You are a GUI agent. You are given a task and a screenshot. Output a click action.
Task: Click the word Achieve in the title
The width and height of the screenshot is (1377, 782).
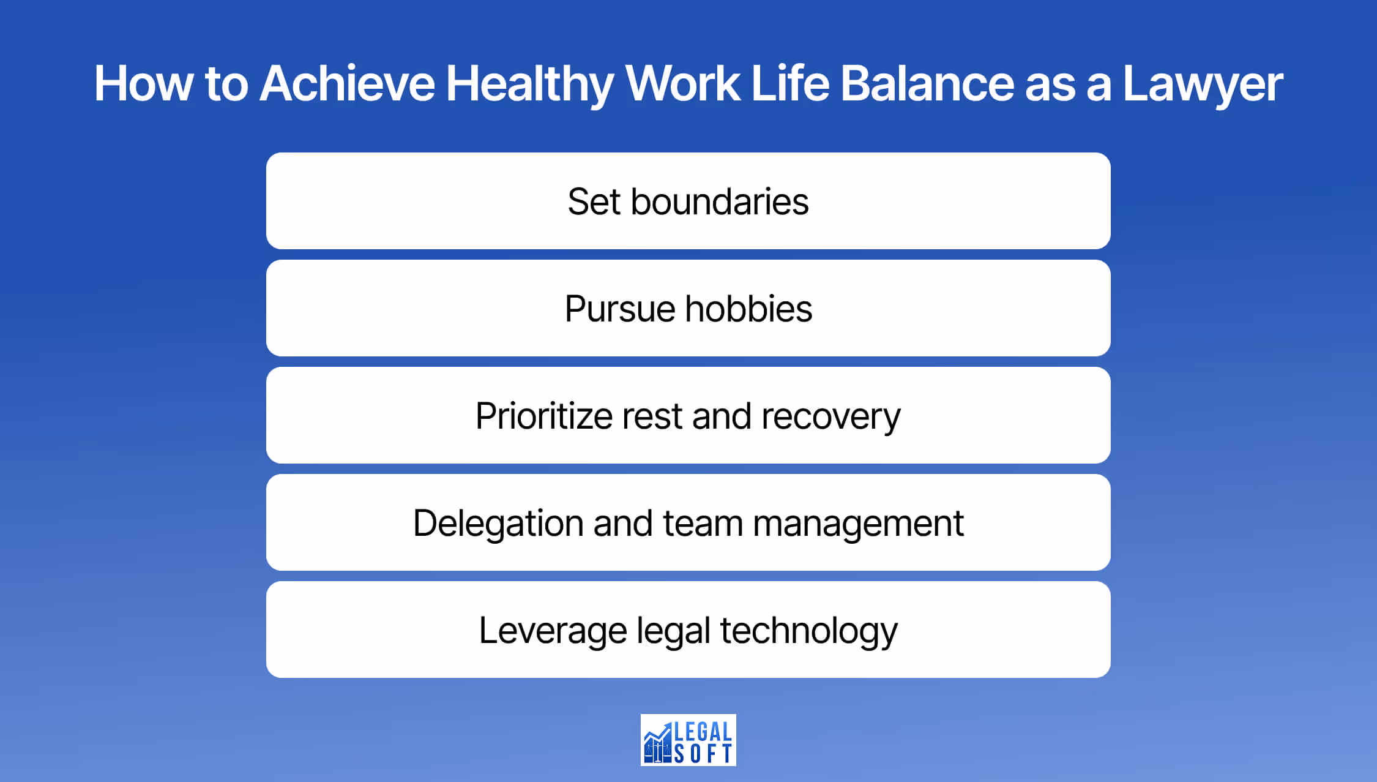pyautogui.click(x=347, y=84)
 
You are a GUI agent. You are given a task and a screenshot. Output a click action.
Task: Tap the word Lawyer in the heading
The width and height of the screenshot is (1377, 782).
pyautogui.click(x=1203, y=84)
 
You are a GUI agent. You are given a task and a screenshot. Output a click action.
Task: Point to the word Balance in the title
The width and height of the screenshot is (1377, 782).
pyautogui.click(x=927, y=84)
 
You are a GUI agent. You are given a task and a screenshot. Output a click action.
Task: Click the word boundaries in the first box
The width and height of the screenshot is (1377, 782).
pyautogui.click(x=720, y=201)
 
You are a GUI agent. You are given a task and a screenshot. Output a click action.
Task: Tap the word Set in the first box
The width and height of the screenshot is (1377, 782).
pyautogui.click(x=594, y=201)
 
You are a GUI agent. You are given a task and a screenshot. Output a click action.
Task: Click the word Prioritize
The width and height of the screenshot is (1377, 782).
pyautogui.click(x=543, y=416)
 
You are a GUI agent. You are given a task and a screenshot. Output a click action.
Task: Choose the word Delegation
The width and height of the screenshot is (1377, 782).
pyautogui.click(x=498, y=524)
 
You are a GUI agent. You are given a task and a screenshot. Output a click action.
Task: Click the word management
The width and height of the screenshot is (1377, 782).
pyautogui.click(x=858, y=524)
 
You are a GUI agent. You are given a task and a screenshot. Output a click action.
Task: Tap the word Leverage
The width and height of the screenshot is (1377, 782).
pyautogui.click(x=553, y=631)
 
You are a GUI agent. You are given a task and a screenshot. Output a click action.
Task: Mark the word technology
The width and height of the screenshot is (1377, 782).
pyautogui.click(x=808, y=631)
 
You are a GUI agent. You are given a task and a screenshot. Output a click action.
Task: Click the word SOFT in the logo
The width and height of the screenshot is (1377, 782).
pyautogui.click(x=703, y=754)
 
